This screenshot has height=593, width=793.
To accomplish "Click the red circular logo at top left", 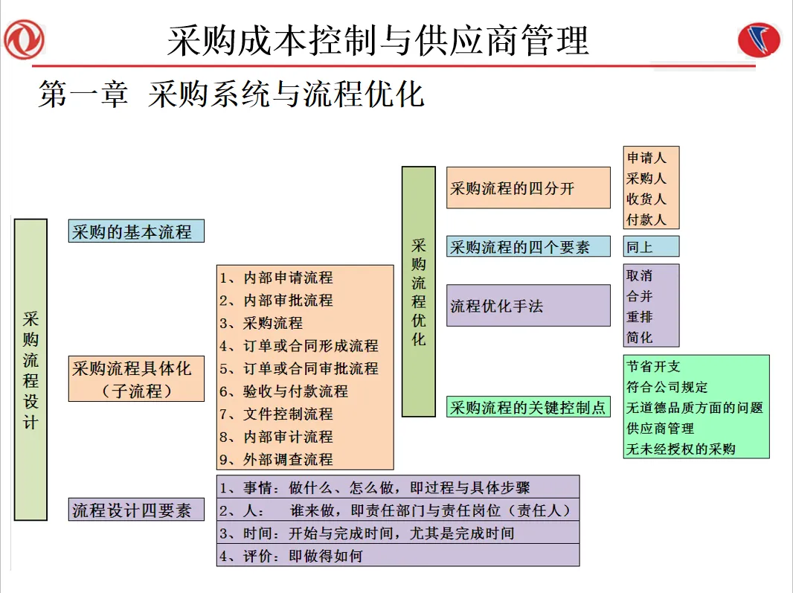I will tap(24, 39).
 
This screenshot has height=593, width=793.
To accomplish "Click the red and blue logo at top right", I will tap(759, 39).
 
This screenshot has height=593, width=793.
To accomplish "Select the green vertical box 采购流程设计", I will tap(30, 369).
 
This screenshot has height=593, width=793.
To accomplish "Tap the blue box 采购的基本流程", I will tap(135, 231).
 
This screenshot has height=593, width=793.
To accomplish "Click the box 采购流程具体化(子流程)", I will tap(136, 379).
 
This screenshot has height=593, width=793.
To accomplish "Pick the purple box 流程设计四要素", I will tap(136, 510).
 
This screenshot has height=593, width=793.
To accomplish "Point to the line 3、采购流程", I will tap(262, 323).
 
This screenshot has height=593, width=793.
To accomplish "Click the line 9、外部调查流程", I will tap(277, 459).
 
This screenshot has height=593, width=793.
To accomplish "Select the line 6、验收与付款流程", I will tap(284, 391).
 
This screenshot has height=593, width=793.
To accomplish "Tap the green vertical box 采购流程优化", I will tap(419, 291).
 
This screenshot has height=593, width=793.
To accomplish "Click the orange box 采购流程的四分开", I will tap(528, 187).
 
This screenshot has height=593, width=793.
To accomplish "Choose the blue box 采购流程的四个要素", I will tap(528, 246).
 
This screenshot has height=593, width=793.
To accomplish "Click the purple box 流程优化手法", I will tap(528, 305).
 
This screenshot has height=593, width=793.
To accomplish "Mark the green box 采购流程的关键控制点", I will tap(528, 407).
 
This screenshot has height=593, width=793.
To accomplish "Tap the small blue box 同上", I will tap(651, 246).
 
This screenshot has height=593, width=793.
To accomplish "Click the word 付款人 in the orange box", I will tap(646, 219).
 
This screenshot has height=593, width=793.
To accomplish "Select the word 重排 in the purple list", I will tap(640, 316).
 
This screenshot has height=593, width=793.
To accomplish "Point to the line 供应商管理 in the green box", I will tap(661, 428).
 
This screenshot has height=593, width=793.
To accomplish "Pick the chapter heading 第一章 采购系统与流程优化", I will tap(231, 95).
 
